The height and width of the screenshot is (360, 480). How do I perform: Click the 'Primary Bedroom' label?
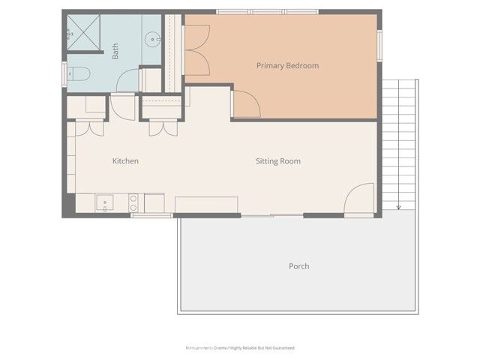pyautogui.click(x=287, y=66)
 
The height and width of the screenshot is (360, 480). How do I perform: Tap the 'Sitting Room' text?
pyautogui.click(x=277, y=161)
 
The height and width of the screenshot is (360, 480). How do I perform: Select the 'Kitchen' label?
pyautogui.click(x=125, y=161)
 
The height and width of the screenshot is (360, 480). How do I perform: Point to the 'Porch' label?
pyautogui.click(x=298, y=266)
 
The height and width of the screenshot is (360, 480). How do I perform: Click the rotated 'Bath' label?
pyautogui.click(x=115, y=51)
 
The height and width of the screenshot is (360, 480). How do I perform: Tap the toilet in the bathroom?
pyautogui.click(x=78, y=73)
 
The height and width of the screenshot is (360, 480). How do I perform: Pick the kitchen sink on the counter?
pyautogui.click(x=104, y=202)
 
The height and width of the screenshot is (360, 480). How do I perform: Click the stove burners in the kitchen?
pyautogui.click(x=134, y=202)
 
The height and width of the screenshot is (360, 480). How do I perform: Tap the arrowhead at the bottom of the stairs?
pyautogui.click(x=398, y=207)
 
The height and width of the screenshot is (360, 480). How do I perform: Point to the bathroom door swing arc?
pyautogui.click(x=127, y=79)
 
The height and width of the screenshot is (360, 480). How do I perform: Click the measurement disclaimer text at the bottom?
pyautogui.click(x=240, y=348)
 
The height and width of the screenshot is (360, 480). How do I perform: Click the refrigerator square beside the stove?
pyautogui.click(x=154, y=202)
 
